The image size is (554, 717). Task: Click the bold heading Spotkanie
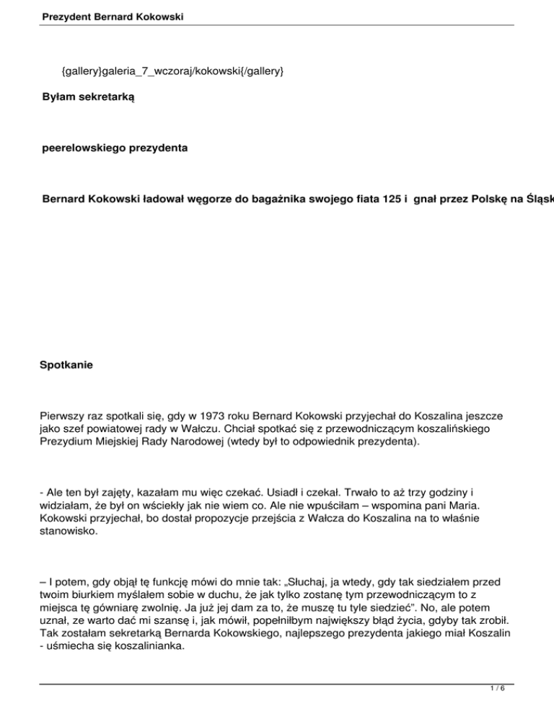[x=67, y=366]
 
